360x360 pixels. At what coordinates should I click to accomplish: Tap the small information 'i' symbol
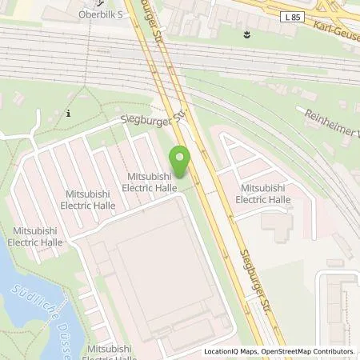69,113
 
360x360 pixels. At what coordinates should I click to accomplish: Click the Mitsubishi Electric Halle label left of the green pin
149,181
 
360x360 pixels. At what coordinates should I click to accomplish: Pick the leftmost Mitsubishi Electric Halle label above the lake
35,236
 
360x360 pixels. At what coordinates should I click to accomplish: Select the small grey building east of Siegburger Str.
276,232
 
